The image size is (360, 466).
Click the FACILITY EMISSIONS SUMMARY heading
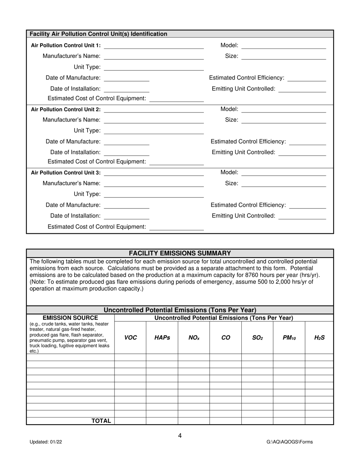pos(180,253)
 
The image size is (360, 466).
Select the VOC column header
pos(130,338)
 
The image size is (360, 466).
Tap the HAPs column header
pos(162,338)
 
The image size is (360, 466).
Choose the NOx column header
pos(194,338)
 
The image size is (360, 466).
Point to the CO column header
pos(225,338)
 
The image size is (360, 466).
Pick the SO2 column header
pos(257,338)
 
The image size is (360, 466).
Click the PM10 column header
pos(289,338)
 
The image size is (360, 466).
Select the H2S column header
pos(319,338)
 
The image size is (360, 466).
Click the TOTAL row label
pos(101,421)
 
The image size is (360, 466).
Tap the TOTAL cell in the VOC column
pos(130,421)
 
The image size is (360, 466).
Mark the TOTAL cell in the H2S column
pos(319,421)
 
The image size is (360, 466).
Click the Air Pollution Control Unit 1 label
pos(66,45)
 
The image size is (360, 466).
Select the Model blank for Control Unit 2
pos(283,109)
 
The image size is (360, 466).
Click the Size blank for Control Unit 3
pos(283,184)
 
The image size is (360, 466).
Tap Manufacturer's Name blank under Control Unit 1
pos(153,56)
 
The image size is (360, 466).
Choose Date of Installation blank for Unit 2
pos(126,152)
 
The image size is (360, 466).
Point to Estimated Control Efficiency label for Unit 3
pos(248,205)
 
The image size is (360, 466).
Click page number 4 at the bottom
pos(180,436)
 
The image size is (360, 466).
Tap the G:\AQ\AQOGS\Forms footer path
pos(290,442)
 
